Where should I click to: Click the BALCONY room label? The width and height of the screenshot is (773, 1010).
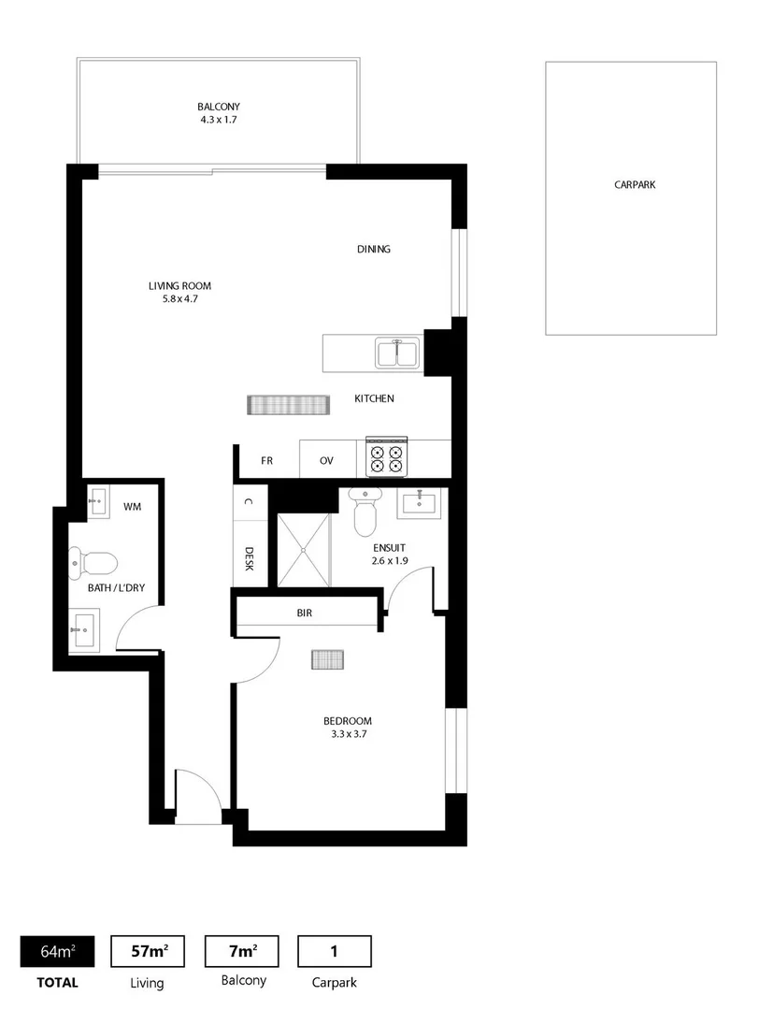click(218, 107)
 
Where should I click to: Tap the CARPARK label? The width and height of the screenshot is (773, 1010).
click(635, 185)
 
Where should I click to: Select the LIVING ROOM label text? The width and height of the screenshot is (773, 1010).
click(179, 286)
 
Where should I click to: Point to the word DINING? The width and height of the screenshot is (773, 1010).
click(373, 250)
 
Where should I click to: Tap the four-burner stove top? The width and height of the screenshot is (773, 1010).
click(387, 457)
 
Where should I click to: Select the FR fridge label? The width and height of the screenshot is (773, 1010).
click(266, 461)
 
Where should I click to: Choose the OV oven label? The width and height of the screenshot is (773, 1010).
click(326, 461)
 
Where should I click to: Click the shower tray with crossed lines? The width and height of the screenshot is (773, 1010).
click(304, 549)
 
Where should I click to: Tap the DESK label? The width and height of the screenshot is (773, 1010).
click(250, 559)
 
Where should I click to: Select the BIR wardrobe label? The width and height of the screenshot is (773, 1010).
click(304, 613)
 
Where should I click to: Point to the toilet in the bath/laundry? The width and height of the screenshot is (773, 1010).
click(93, 563)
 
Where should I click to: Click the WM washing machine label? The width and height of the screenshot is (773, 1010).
click(132, 507)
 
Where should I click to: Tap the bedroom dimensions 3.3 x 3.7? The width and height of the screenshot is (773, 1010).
click(347, 734)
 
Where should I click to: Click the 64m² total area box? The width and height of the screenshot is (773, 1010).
click(57, 951)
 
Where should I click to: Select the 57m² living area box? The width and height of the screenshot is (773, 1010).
click(148, 951)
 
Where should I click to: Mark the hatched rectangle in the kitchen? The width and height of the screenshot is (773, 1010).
click(290, 405)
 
